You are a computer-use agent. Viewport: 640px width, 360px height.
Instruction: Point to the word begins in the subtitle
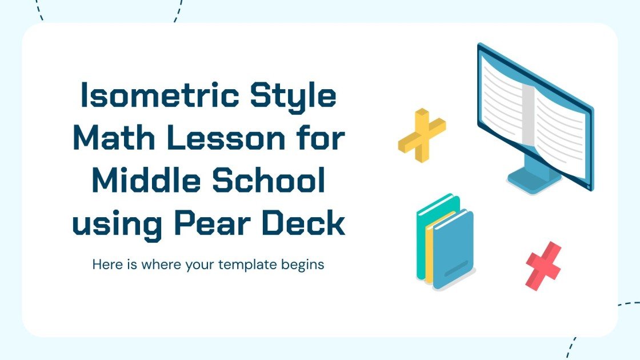[x=303, y=266]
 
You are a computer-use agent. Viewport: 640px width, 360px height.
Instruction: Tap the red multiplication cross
[x=543, y=266]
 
